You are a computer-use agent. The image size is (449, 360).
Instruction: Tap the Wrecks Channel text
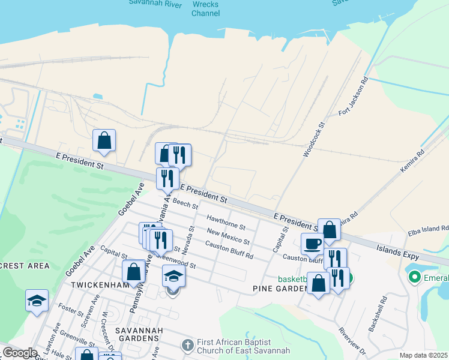[205, 8]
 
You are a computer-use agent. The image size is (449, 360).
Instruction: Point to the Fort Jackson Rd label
[352, 96]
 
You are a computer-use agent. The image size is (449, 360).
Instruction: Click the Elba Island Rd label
[428, 229]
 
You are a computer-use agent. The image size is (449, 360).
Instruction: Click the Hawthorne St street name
[226, 223]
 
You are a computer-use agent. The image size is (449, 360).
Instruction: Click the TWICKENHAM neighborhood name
[98, 284]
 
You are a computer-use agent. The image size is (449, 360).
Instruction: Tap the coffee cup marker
[312, 244]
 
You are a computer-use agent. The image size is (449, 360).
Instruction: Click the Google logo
[20, 353]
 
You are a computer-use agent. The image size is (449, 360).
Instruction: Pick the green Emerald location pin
[414, 277]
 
